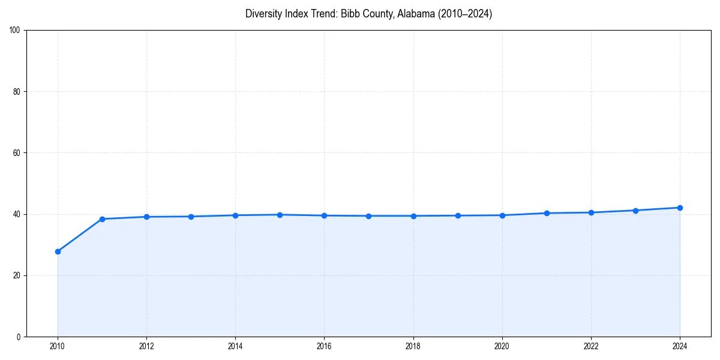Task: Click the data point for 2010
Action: (x=58, y=251)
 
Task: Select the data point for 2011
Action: (x=102, y=219)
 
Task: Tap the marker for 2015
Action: (x=280, y=215)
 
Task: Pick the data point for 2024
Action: (x=680, y=208)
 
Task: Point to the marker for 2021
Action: (x=547, y=213)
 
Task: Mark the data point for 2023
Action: (x=635, y=211)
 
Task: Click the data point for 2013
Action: (x=191, y=217)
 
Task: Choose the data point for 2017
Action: (x=368, y=216)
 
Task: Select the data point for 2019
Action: (x=458, y=215)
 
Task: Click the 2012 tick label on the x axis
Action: (x=146, y=346)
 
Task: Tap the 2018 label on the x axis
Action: (x=413, y=346)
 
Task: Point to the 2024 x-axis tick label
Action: (x=680, y=346)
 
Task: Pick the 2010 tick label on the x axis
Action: (x=58, y=346)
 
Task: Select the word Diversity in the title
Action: (x=263, y=14)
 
